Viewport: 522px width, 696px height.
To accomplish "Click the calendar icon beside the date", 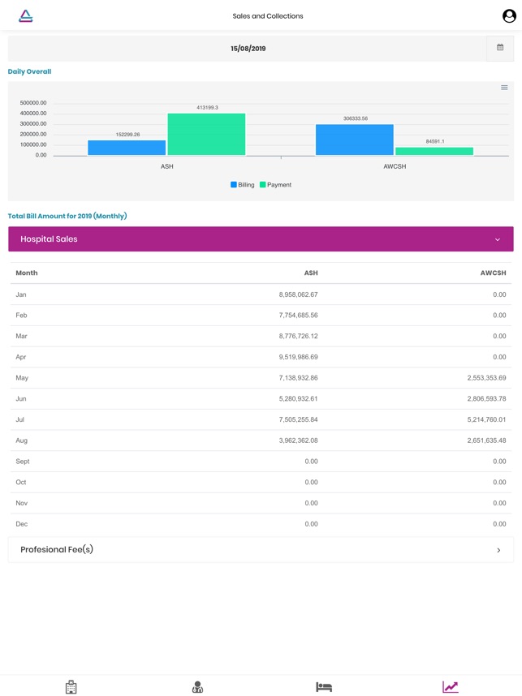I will click(x=500, y=48).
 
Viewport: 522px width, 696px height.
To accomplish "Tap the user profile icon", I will click(x=509, y=16).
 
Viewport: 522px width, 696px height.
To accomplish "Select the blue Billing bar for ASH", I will click(x=127, y=148).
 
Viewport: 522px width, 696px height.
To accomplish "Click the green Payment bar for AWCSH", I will click(x=434, y=151).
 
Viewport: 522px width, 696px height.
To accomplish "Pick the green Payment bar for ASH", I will click(x=206, y=134).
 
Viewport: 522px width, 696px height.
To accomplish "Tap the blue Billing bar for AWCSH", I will click(x=355, y=140).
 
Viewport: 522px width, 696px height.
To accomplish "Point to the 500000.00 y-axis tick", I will click(x=33, y=103).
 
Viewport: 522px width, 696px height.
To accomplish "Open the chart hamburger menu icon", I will click(x=504, y=88).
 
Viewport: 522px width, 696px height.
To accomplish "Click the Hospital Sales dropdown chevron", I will click(x=498, y=239).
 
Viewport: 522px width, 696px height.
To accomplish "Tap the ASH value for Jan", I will click(x=298, y=294).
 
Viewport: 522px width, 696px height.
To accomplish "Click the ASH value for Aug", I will click(x=298, y=440).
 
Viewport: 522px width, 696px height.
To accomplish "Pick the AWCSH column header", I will click(x=493, y=273).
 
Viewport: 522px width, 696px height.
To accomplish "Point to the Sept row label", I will click(x=23, y=462).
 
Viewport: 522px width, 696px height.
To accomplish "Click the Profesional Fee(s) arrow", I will click(x=498, y=550).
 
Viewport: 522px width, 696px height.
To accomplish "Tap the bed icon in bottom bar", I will click(x=324, y=687).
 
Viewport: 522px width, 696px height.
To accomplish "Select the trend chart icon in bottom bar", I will click(x=450, y=687).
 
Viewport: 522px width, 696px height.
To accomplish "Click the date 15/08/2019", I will click(x=248, y=49).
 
